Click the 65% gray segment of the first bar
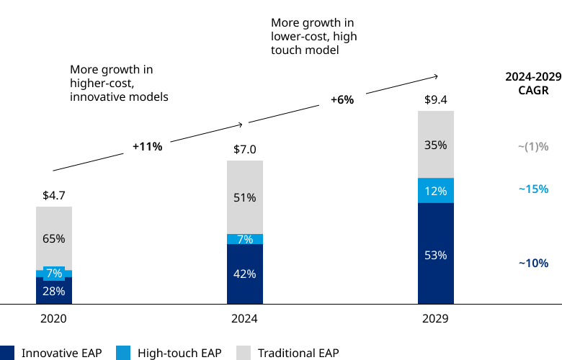(54, 238)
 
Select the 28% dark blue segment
(54, 292)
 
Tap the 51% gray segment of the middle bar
(245, 197)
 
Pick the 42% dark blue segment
(245, 274)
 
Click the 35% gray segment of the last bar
(436, 145)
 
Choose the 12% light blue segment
(436, 191)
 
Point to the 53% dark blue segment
(436, 254)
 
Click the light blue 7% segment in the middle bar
(245, 239)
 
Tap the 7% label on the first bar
(54, 274)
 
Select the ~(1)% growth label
(533, 147)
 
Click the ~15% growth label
(533, 189)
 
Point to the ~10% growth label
(533, 263)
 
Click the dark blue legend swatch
(6, 353)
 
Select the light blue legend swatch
(123, 353)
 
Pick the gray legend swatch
(244, 353)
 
